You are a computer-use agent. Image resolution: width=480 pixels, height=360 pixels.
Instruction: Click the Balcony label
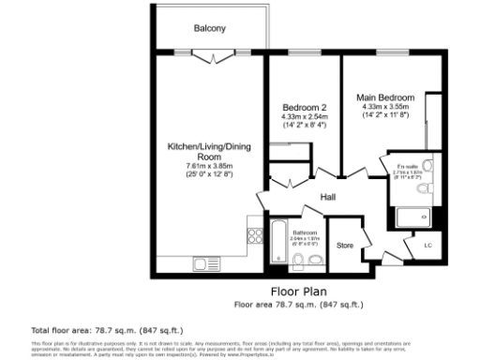coord(209,29)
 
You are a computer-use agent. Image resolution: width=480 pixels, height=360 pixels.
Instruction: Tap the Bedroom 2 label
coord(304,108)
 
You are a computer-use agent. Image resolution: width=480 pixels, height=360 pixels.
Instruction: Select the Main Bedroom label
coord(385,97)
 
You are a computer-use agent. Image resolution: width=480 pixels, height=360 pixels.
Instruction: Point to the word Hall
coord(328,198)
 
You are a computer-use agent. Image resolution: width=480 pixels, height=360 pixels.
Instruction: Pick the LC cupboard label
coord(428,246)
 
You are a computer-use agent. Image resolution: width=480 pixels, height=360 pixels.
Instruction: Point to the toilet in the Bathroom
coord(316,259)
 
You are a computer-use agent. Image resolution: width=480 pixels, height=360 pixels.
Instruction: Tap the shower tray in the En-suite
coord(412,217)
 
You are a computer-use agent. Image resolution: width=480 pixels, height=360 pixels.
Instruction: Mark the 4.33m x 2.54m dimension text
coord(304,116)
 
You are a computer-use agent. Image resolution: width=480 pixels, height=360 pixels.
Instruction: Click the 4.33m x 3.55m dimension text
coord(385,106)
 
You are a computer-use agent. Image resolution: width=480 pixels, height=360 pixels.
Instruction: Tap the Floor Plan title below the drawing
coord(297,292)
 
